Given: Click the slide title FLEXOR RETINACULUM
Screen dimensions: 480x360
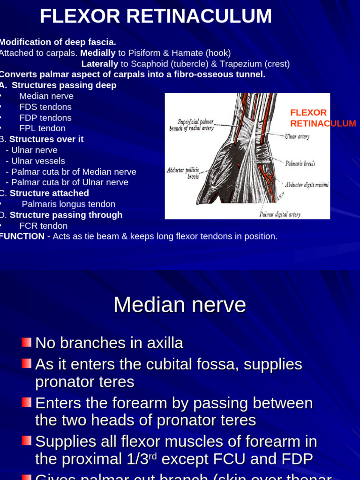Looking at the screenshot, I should click(156, 16).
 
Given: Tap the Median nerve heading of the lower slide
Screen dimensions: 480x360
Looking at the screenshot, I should click(180, 305).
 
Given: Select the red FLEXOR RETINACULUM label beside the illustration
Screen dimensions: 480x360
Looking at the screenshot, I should click(322, 118).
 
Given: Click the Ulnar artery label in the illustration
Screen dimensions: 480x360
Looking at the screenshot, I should click(297, 137).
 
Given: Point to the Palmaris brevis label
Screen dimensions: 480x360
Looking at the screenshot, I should click(300, 164).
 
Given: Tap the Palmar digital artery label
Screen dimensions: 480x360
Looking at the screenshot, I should click(280, 214).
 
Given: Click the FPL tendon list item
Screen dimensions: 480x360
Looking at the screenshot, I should click(42, 128).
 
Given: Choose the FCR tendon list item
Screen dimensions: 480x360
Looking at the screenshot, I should click(43, 226).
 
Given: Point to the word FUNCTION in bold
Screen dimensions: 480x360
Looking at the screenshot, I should click(22, 236).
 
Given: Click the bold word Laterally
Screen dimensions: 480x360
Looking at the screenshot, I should click(99, 64).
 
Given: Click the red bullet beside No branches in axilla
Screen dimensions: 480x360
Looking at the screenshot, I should click(27, 342).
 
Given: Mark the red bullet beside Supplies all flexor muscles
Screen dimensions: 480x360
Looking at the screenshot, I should click(27, 441).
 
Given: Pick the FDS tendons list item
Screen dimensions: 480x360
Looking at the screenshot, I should click(45, 107).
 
